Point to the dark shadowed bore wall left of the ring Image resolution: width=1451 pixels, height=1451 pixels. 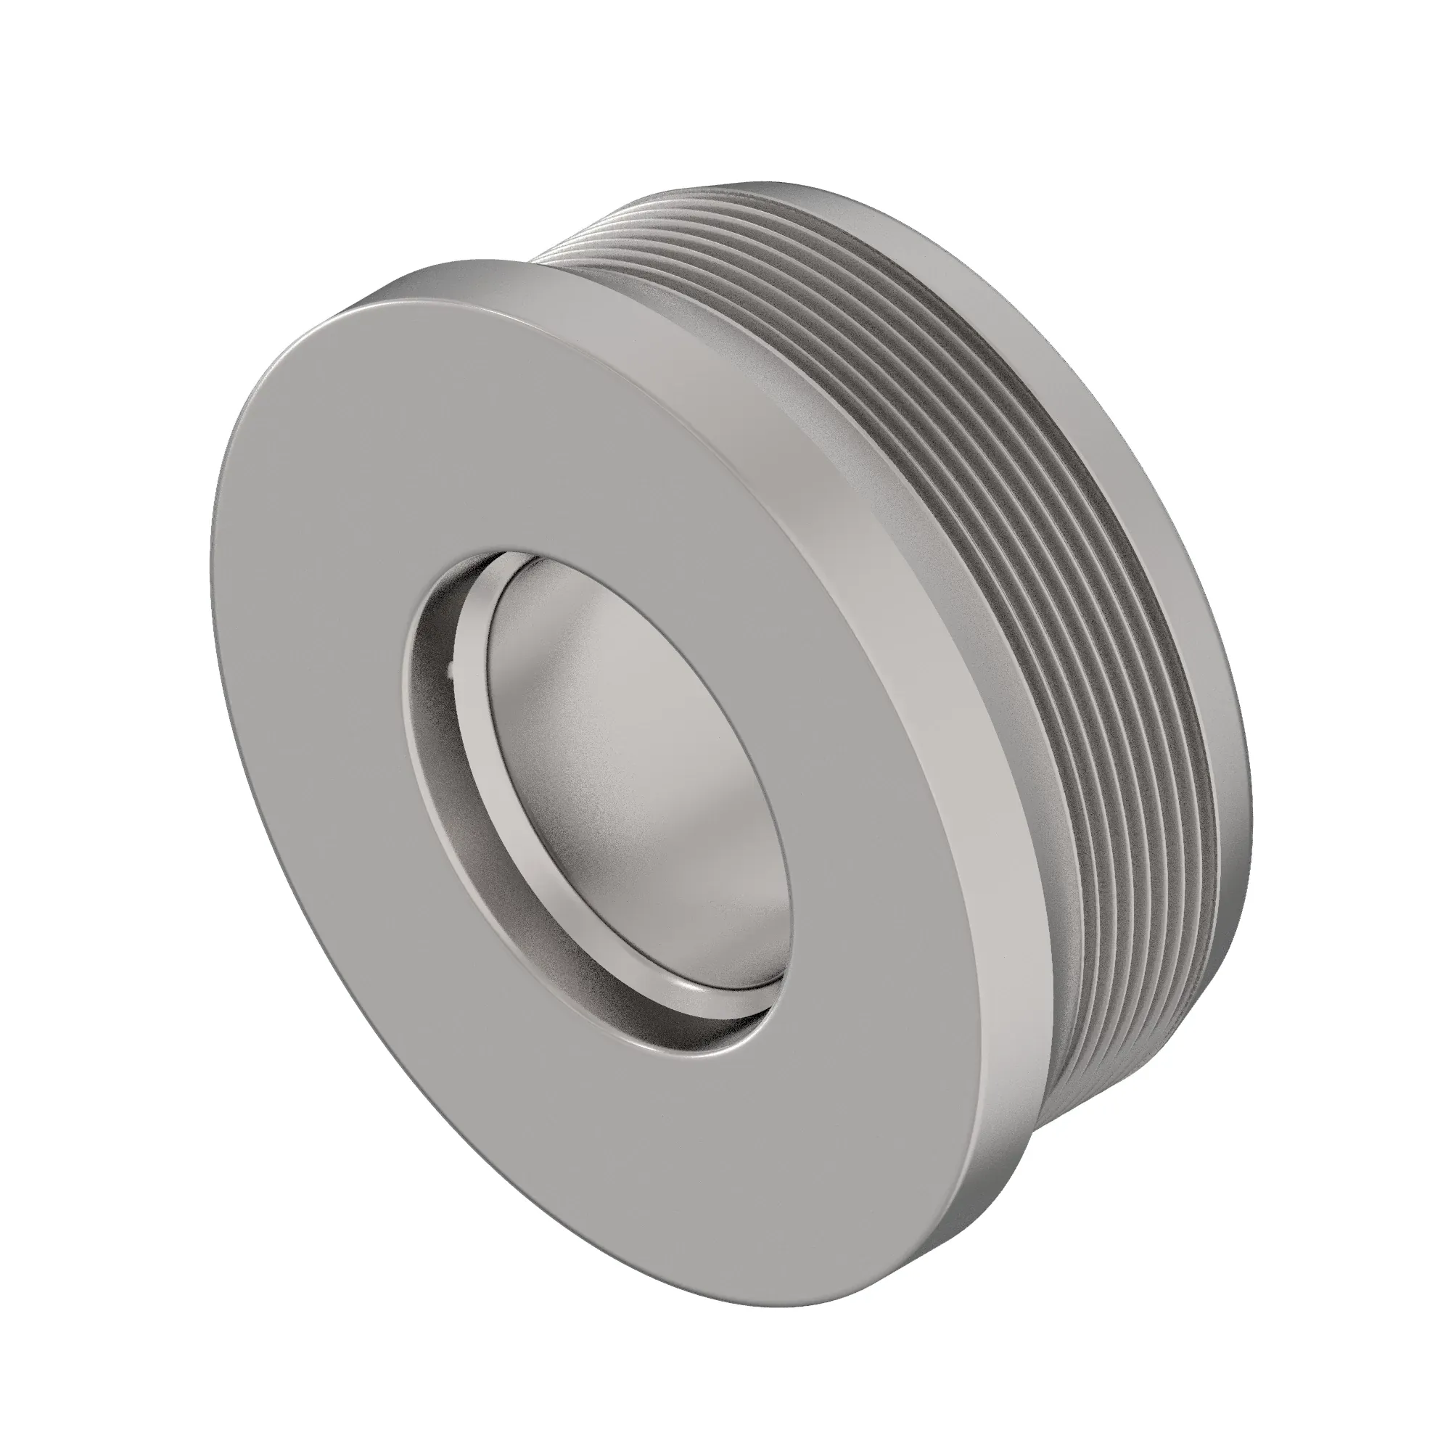tap(440, 751)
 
